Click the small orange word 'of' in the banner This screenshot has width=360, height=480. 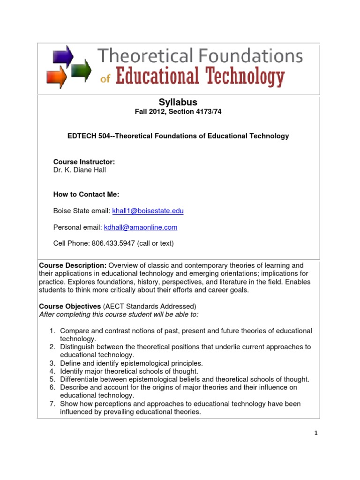[x=105, y=79]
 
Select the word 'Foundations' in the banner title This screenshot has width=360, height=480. [x=248, y=58]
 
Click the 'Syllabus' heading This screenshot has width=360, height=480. [x=178, y=102]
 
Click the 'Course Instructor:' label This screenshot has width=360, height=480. [x=84, y=162]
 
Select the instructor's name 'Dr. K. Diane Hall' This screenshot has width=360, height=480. [x=79, y=170]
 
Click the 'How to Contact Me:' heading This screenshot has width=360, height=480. [x=86, y=194]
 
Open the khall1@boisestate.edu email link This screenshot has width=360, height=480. [x=148, y=211]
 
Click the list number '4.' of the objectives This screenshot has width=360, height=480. [x=53, y=371]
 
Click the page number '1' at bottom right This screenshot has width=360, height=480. [x=316, y=433]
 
